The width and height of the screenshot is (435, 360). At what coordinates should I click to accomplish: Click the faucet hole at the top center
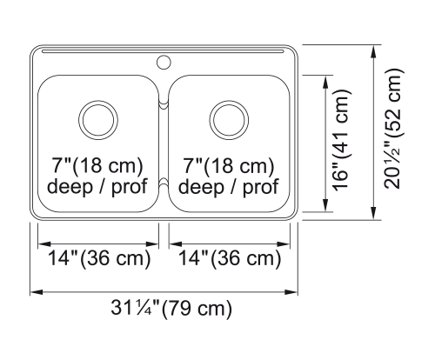coord(164,62)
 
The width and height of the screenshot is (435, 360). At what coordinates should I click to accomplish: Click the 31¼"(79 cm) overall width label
coord(171,309)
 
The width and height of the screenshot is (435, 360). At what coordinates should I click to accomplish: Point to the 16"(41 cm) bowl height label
coord(342,140)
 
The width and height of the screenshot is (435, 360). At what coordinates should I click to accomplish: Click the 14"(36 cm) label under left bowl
coord(99,258)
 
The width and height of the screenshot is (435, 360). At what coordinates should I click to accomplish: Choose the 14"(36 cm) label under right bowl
coord(230,258)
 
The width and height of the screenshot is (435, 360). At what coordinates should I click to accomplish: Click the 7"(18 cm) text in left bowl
coord(97,165)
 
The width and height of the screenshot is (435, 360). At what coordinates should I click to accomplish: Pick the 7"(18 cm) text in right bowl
coord(228,165)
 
